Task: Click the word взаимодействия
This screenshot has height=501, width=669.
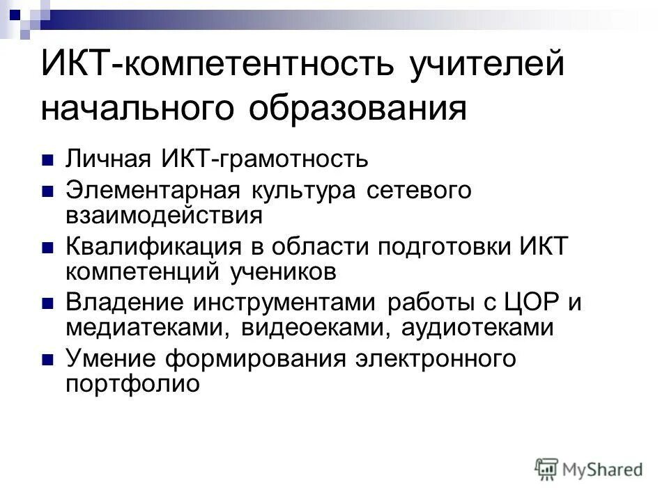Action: click(x=164, y=215)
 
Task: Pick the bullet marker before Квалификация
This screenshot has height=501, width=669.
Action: click(x=47, y=246)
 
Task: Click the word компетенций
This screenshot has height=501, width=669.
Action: click(x=143, y=271)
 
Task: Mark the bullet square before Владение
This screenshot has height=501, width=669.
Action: click(x=47, y=303)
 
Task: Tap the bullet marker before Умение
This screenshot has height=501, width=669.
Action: click(x=47, y=360)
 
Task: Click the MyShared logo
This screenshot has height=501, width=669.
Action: click(x=589, y=468)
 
